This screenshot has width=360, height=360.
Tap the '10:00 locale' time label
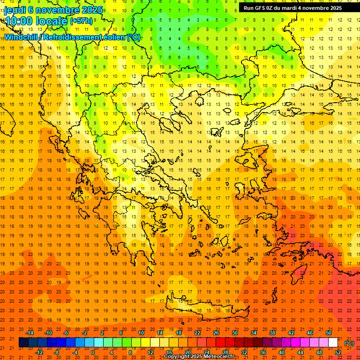click(x=36, y=21)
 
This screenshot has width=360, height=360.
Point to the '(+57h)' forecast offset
click(x=81, y=21)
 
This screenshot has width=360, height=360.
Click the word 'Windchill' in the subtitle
click(x=22, y=37)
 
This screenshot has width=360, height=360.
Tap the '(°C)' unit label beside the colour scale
click(x=349, y=343)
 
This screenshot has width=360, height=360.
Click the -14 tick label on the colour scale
click(x=30, y=333)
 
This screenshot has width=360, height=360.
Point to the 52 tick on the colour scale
click(x=338, y=352)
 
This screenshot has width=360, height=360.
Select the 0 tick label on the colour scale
click(x=92, y=352)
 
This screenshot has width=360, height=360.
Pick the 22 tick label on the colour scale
click(x=197, y=333)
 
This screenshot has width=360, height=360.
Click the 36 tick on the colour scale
click(x=263, y=352)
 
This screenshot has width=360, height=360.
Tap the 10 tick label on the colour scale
click(x=141, y=333)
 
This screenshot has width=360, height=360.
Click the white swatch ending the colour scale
click(x=333, y=343)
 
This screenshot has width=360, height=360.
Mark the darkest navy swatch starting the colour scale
click(x=23, y=343)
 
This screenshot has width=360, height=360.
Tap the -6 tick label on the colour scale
click(x=67, y=333)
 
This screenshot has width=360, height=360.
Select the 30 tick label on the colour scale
click(x=235, y=333)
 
